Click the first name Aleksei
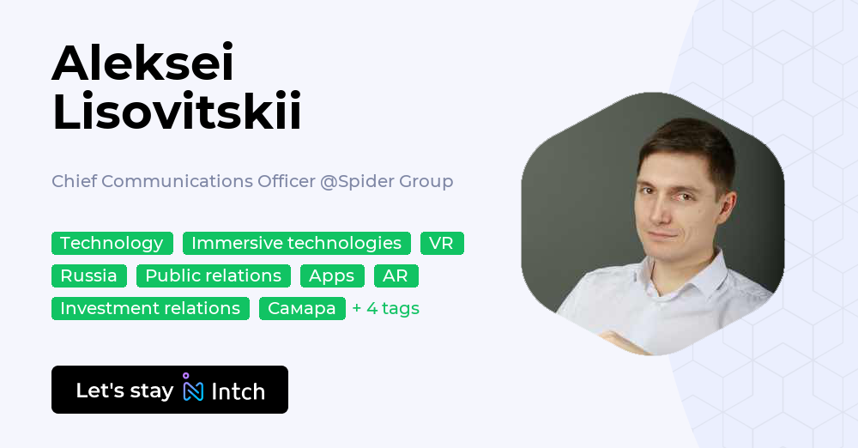tap(142, 63)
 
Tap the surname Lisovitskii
tap(177, 112)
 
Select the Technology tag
tap(112, 243)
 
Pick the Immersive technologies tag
tap(296, 243)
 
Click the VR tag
tap(441, 243)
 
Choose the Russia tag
tap(88, 275)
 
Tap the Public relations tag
tap(213, 275)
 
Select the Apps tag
tap(331, 275)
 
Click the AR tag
tap(396, 275)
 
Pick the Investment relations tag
tap(150, 308)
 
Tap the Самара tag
tap(301, 308)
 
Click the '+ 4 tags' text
tap(385, 308)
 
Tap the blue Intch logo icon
tap(193, 389)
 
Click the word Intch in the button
tap(239, 391)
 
